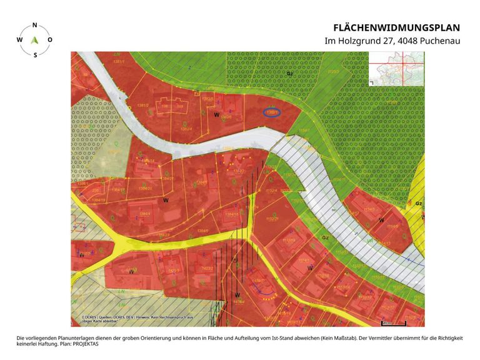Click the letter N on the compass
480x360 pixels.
pos(34,25)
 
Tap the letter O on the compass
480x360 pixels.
pos(50,39)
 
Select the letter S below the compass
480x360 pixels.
pos(35,54)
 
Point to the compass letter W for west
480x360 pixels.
pos(19,39)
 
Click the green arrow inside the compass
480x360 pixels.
pos(35,39)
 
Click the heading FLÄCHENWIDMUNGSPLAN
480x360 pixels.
pos(397,27)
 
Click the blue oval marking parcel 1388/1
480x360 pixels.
pos(272,112)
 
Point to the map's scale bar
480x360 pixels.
pos(394,324)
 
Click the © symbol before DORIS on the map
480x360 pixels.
pos(83,317)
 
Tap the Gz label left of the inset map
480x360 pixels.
pos(289,74)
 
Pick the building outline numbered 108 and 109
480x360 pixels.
pos(171,106)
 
